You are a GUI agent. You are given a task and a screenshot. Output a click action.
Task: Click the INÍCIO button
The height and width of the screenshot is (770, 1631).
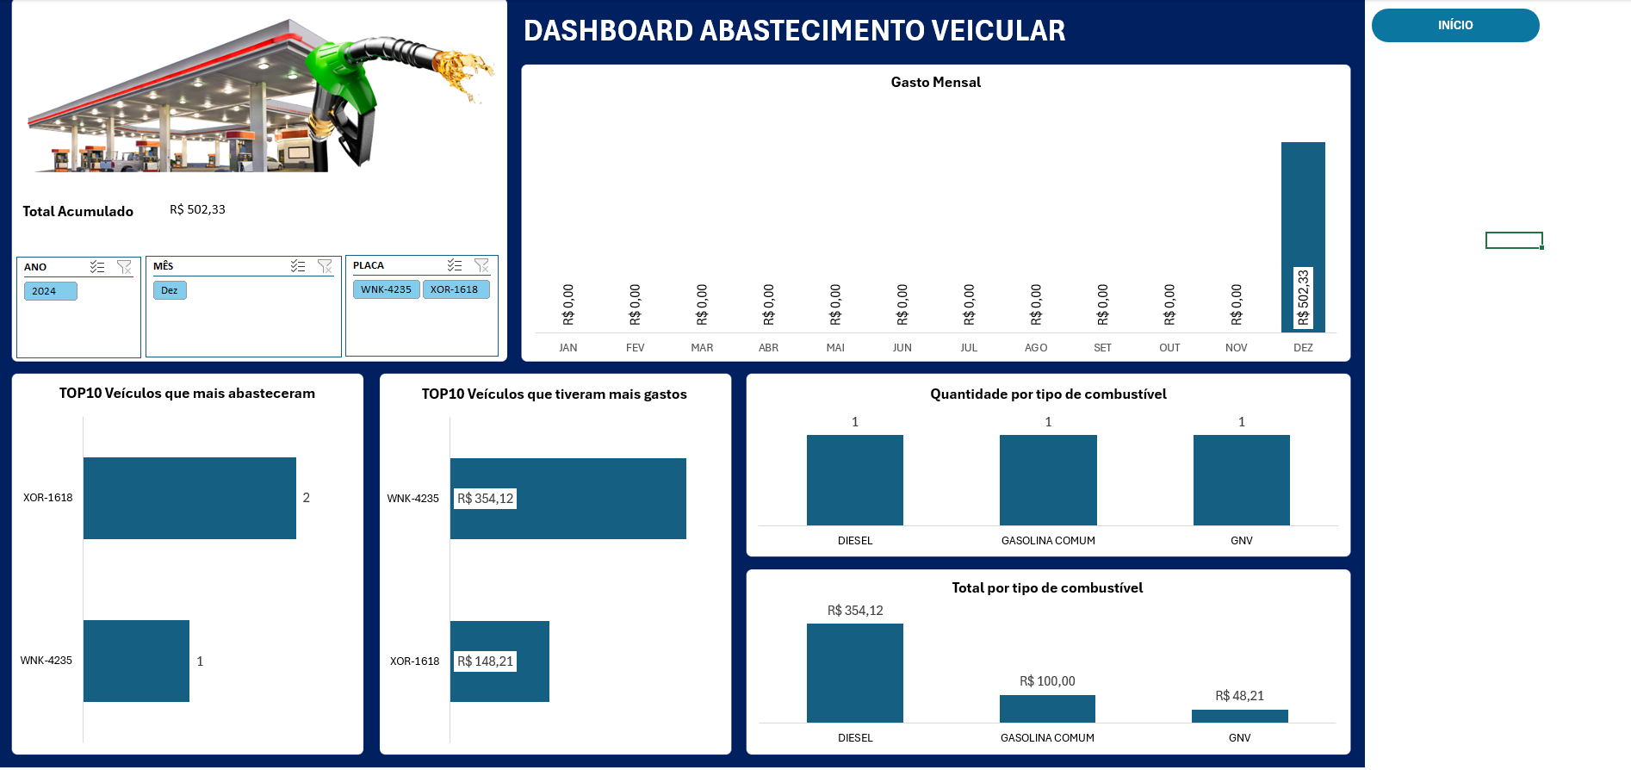1454,26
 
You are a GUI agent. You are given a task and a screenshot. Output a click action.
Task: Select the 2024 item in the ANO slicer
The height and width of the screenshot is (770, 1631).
50,291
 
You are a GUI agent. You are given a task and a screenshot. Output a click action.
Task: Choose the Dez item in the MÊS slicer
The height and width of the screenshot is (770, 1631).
170,290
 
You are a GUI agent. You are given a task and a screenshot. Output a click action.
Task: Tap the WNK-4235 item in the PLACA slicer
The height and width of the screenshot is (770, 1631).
386,289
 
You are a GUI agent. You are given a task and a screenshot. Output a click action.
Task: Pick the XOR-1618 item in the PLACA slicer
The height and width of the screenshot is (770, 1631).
455,289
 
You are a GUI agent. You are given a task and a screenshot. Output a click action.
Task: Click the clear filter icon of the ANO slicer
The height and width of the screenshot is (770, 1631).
124,267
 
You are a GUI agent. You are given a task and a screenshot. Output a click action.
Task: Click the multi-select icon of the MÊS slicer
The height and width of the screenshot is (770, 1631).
298,266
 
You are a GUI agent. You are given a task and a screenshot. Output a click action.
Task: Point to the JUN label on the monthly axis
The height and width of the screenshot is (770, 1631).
902,348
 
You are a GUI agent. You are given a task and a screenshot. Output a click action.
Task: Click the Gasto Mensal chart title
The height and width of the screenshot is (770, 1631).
935,83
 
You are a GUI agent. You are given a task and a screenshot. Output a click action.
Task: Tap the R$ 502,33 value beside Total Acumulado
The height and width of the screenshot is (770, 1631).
197,209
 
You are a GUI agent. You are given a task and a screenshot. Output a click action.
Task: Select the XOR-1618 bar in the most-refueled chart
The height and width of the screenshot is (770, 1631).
189,498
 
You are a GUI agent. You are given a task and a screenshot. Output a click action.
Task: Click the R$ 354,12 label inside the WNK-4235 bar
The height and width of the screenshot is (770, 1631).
485,499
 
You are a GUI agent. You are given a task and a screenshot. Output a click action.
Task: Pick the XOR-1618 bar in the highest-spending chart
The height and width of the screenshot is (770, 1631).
499,661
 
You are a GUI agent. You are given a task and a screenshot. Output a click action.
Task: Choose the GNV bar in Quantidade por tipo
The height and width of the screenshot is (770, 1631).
1241,480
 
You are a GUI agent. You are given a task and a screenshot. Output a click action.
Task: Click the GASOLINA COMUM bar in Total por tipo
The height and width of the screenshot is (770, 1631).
1047,709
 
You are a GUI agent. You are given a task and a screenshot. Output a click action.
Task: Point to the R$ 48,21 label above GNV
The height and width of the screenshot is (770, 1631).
1239,696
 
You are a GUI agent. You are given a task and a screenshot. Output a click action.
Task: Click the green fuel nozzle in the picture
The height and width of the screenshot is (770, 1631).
340,73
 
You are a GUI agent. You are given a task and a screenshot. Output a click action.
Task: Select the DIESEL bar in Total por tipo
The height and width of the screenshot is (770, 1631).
854,673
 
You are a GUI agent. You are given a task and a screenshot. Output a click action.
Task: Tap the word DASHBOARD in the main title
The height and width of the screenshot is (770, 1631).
608,31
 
